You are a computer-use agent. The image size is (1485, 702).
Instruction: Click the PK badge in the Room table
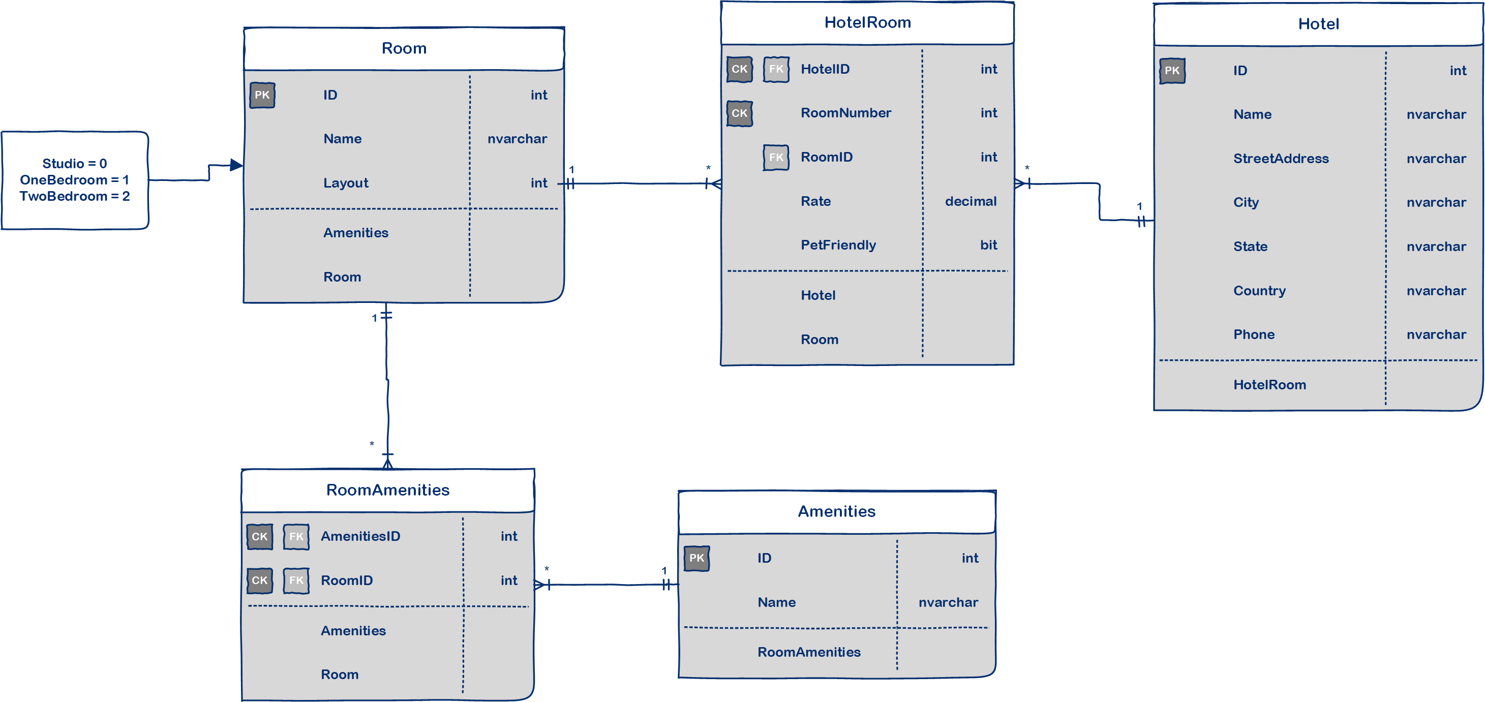pyautogui.click(x=262, y=95)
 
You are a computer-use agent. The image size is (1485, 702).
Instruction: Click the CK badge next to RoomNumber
pyautogui.click(x=739, y=113)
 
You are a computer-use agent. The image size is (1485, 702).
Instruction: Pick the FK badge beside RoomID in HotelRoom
pyautogui.click(x=776, y=158)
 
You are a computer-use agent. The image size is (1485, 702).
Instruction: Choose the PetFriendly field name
pyautogui.click(x=838, y=245)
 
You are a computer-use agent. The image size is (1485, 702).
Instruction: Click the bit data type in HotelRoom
pyautogui.click(x=988, y=245)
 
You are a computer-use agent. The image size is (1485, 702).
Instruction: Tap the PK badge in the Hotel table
pyautogui.click(x=1172, y=71)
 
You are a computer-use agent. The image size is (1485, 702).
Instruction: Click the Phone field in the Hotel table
pyautogui.click(x=1253, y=334)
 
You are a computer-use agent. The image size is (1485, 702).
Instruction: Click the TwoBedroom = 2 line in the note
pyautogui.click(x=74, y=197)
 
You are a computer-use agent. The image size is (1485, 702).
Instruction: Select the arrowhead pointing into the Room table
pyautogui.click(x=236, y=165)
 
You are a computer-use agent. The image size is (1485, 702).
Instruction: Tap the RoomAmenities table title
pyautogui.click(x=387, y=490)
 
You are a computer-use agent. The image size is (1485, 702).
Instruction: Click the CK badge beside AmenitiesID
pyautogui.click(x=259, y=537)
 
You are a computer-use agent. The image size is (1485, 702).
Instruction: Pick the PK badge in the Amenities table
pyautogui.click(x=696, y=558)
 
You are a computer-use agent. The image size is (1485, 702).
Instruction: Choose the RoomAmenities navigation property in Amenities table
pyautogui.click(x=808, y=652)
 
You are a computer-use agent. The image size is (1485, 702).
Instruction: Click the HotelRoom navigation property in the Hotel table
pyautogui.click(x=1269, y=384)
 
